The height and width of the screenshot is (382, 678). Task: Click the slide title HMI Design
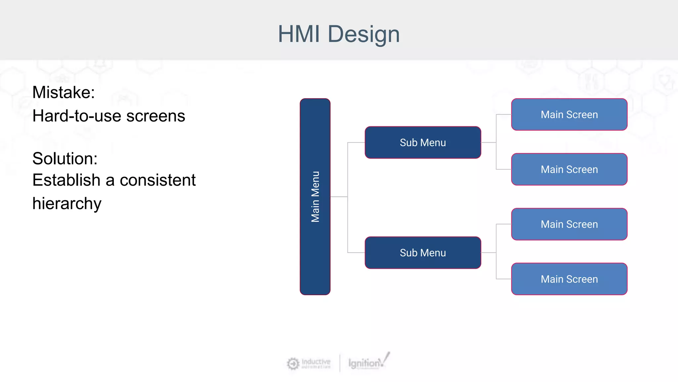point(339,34)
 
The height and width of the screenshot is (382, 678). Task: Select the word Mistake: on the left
point(64,93)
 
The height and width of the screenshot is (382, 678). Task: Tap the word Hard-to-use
point(77,116)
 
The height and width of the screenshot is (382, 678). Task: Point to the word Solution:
point(65,159)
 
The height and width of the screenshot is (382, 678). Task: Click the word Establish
point(66,180)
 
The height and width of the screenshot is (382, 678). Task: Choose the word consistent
point(158,180)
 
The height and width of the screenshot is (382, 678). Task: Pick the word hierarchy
point(67,204)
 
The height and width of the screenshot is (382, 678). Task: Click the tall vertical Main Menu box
point(315,196)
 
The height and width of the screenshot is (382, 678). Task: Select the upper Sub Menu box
point(423,142)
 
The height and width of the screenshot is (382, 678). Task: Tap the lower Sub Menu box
point(423,253)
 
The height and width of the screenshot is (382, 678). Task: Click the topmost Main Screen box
point(569,114)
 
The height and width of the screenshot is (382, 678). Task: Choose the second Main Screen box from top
point(569,169)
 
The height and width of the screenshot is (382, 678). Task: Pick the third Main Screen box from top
point(569,224)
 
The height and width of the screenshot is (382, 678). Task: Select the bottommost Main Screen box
point(569,279)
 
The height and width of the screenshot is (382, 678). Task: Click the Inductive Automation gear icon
point(293,363)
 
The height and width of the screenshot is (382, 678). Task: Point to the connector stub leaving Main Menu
point(339,197)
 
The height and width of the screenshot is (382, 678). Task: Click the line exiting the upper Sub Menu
point(488,142)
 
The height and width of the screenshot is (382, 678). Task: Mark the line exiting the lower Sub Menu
point(488,253)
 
